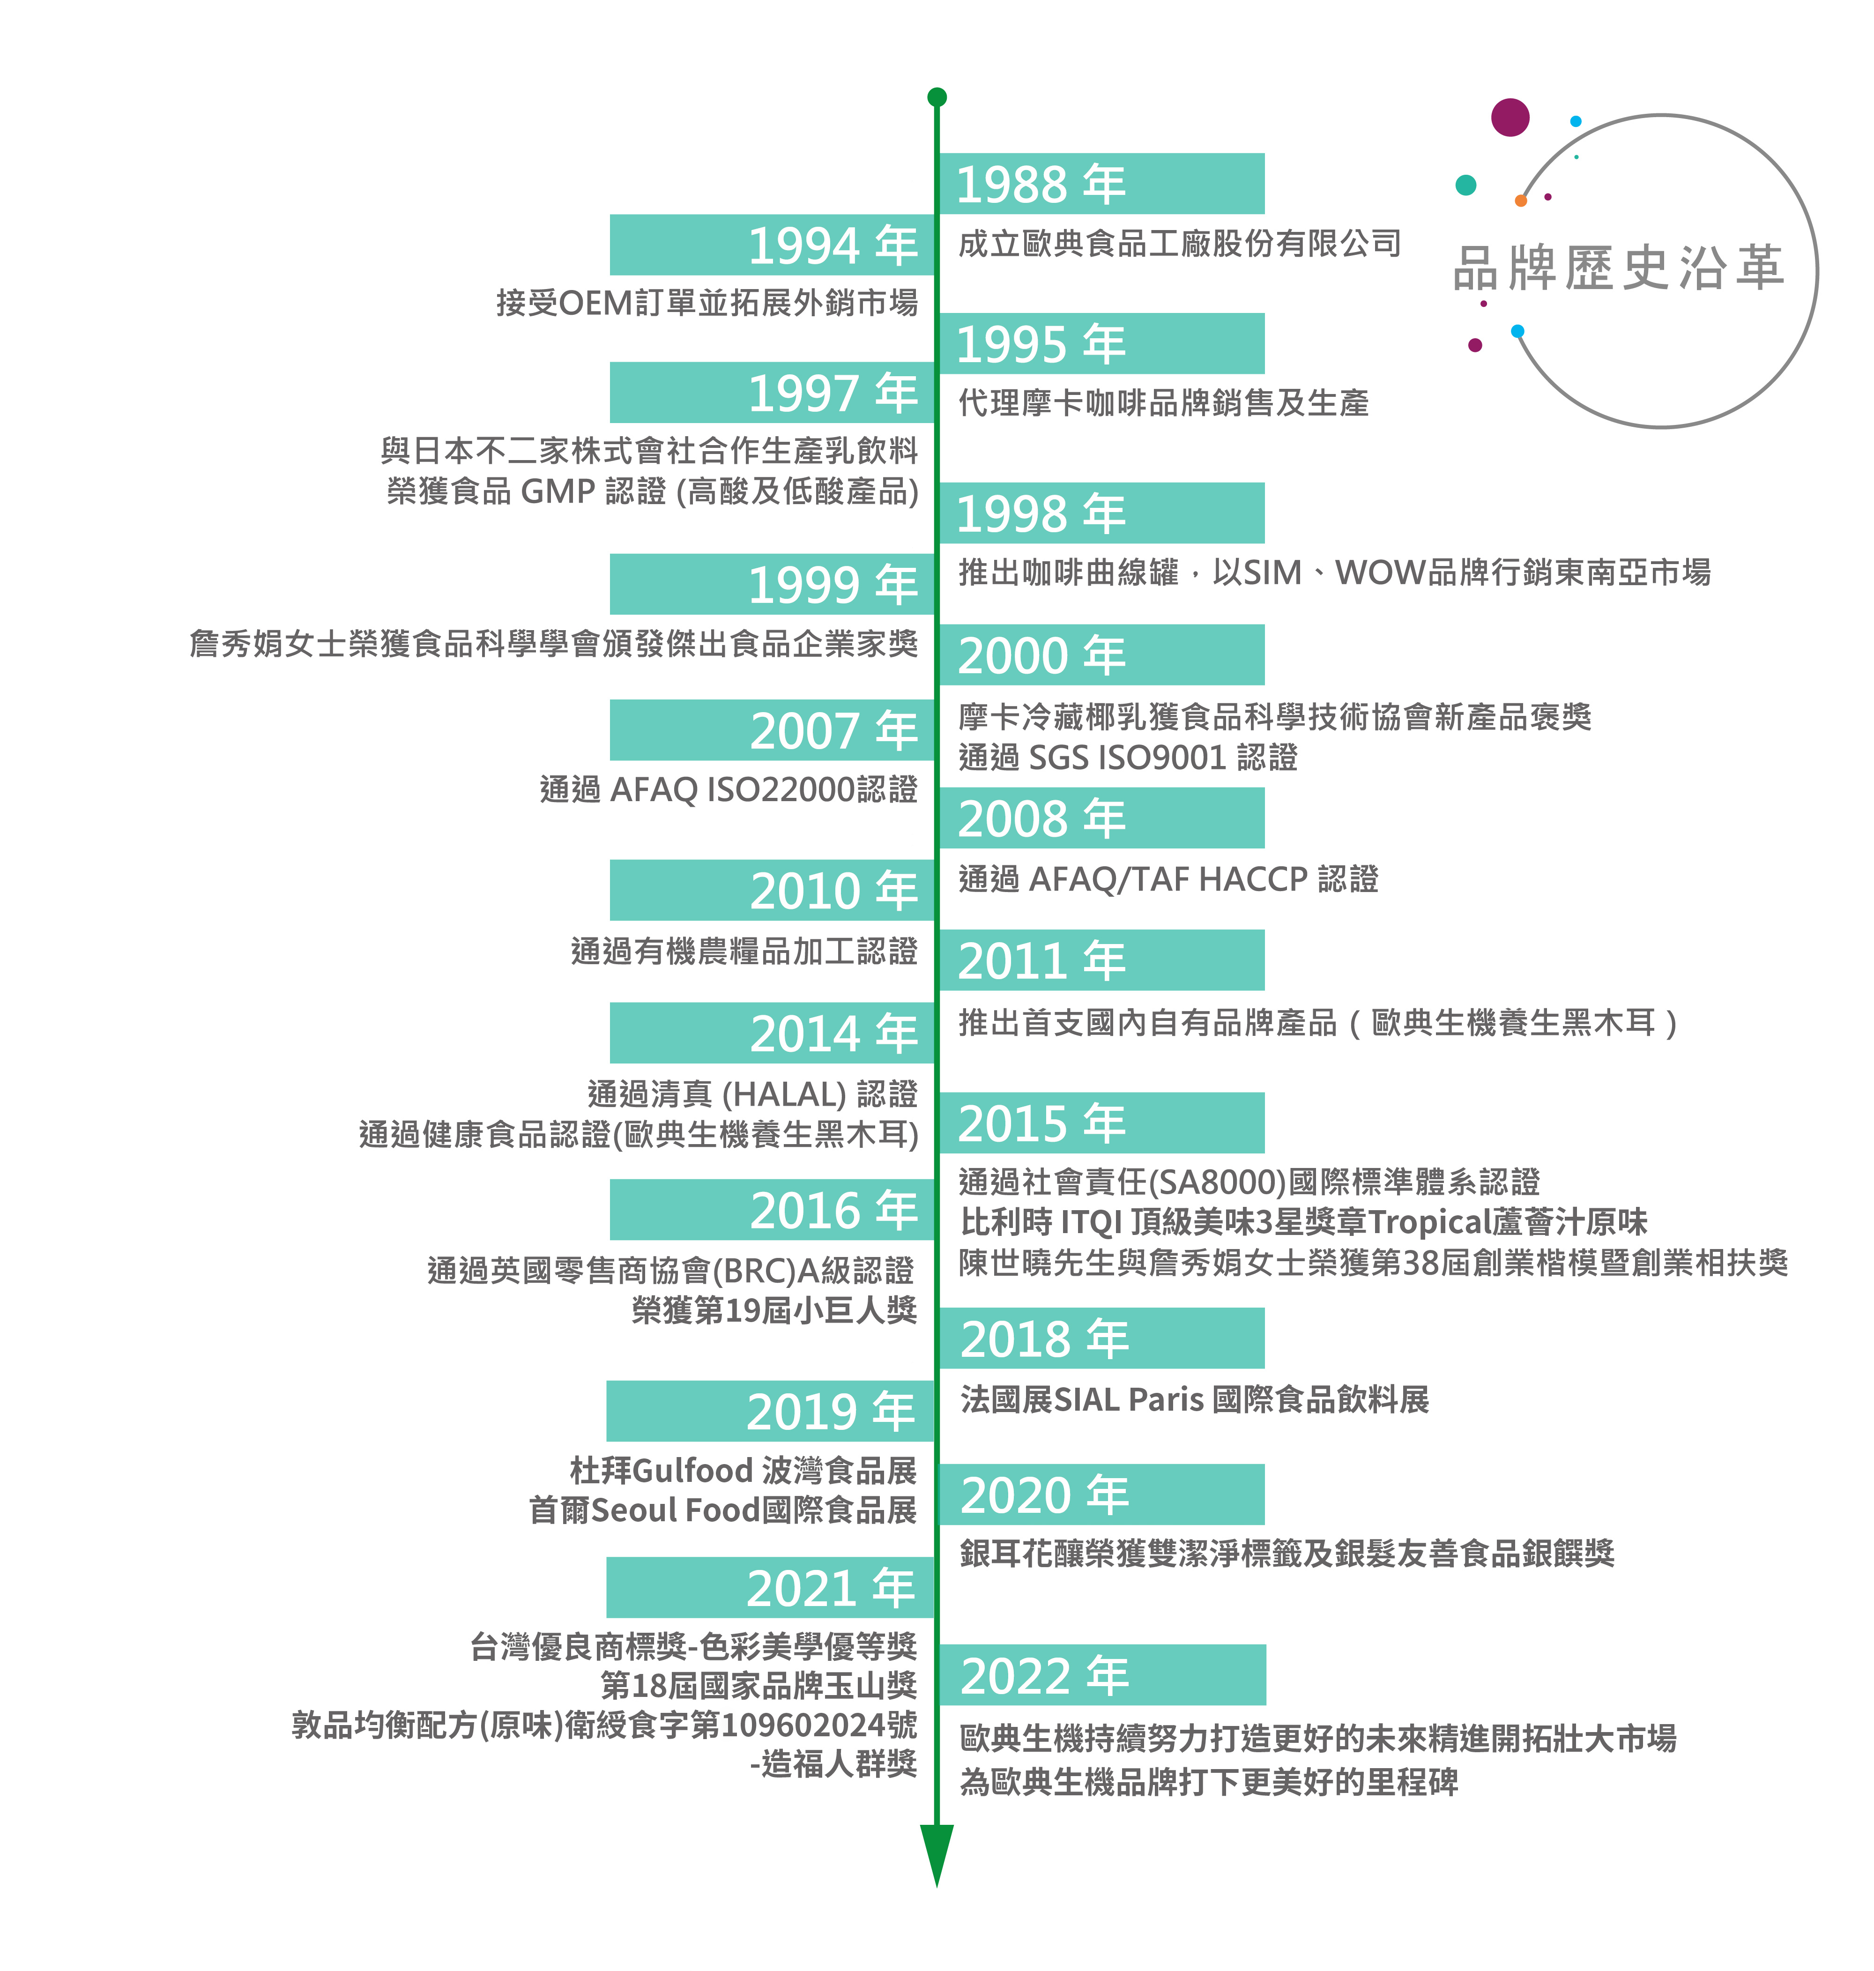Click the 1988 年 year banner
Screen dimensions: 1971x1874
[1101, 184]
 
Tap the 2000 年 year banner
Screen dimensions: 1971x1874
[1101, 655]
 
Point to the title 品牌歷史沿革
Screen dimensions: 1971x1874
[1618, 268]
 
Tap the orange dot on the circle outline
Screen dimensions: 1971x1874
[1520, 201]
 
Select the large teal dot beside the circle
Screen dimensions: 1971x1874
[1465, 185]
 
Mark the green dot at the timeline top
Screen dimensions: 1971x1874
[936, 97]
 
